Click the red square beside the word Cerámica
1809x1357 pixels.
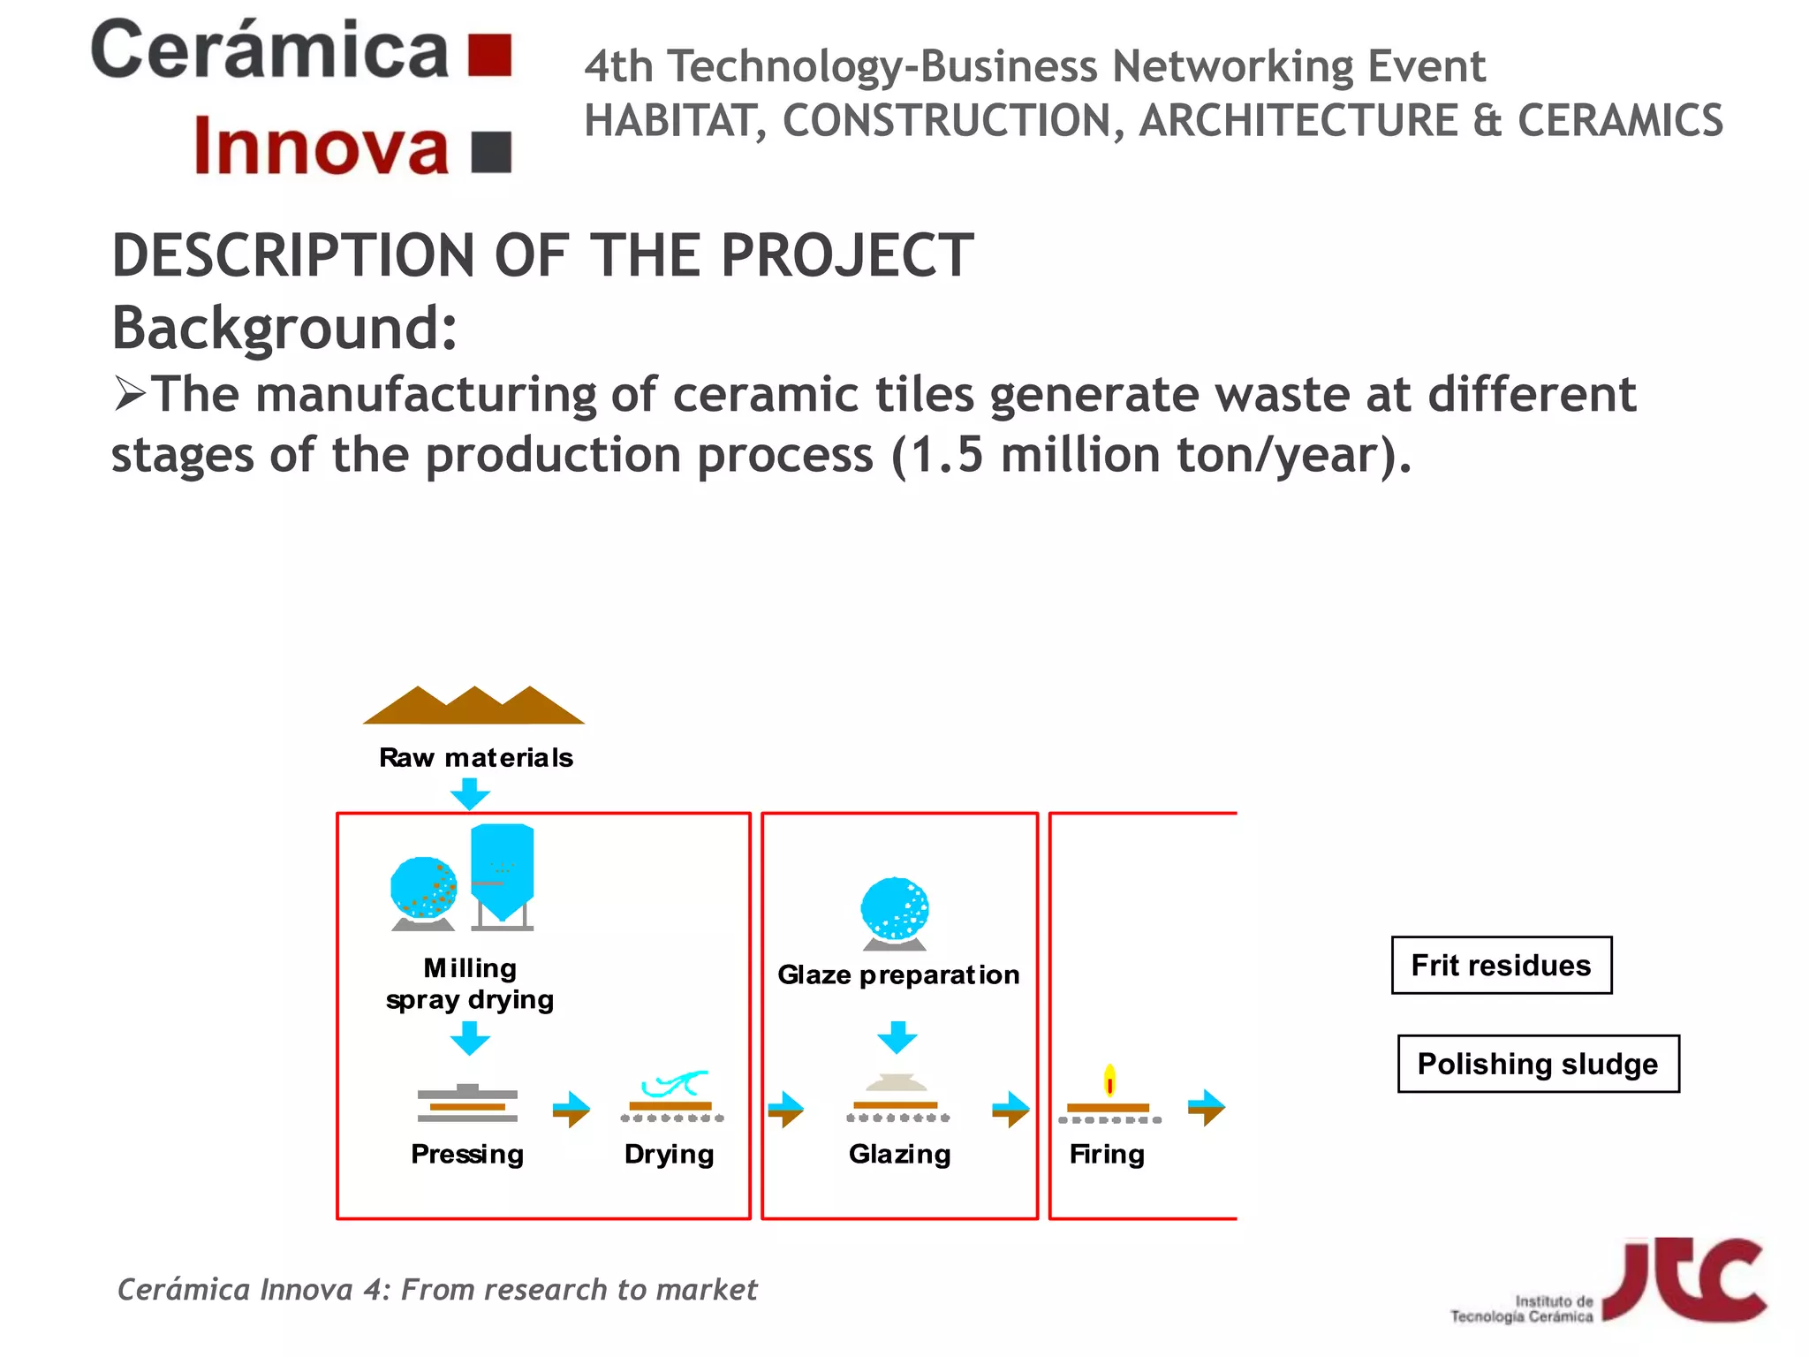[x=489, y=56]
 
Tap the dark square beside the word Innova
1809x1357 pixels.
[x=491, y=152]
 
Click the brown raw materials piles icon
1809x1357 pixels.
[x=474, y=706]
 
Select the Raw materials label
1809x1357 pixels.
[x=475, y=758]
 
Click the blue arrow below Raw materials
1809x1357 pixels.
[x=470, y=793]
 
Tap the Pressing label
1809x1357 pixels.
[x=467, y=1154]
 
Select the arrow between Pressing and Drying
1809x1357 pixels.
[x=571, y=1110]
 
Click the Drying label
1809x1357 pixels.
[x=669, y=1154]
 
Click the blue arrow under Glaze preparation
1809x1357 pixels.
[x=897, y=1037]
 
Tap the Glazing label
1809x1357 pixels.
[x=899, y=1154]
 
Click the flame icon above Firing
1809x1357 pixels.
[x=1109, y=1080]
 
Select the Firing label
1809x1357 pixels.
[x=1107, y=1154]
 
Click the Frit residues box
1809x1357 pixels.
[x=1502, y=966]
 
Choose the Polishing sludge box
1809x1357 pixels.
[x=1538, y=1064]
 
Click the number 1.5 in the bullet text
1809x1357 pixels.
[x=946, y=455]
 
